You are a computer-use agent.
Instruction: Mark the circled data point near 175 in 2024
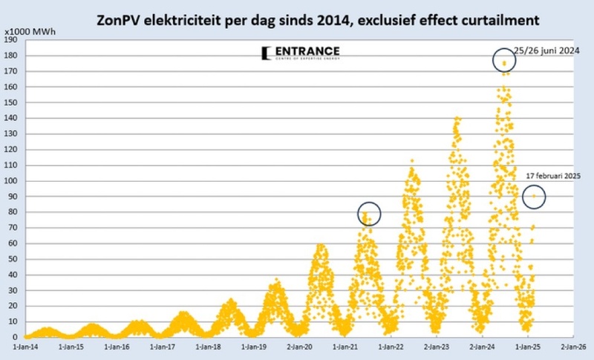[x=505, y=63]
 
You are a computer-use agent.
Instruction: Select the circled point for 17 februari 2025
[x=533, y=196]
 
